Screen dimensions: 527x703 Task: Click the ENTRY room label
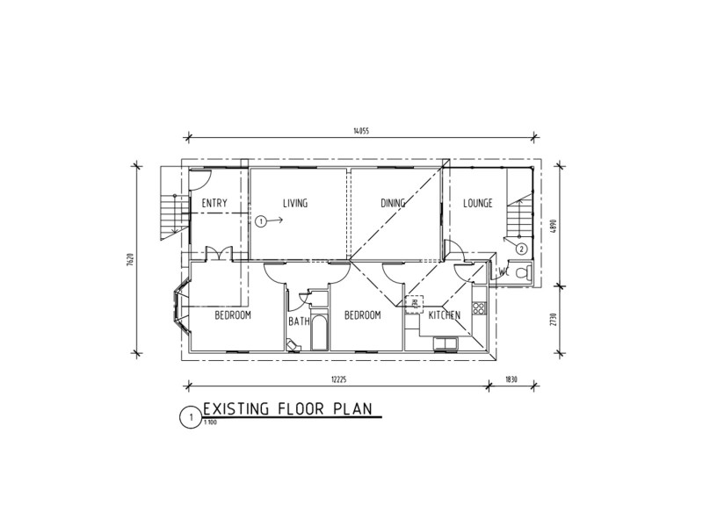(214, 204)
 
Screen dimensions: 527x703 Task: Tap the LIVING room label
(295, 204)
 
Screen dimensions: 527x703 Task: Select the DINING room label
(393, 204)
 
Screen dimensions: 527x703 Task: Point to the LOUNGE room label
(478, 204)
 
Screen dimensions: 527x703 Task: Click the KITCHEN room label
(444, 315)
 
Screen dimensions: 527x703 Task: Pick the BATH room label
(299, 321)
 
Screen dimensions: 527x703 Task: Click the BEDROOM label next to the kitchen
(361, 315)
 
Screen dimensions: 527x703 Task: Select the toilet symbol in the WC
(522, 274)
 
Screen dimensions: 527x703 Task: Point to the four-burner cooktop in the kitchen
(479, 308)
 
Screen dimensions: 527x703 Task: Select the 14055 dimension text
(359, 131)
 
